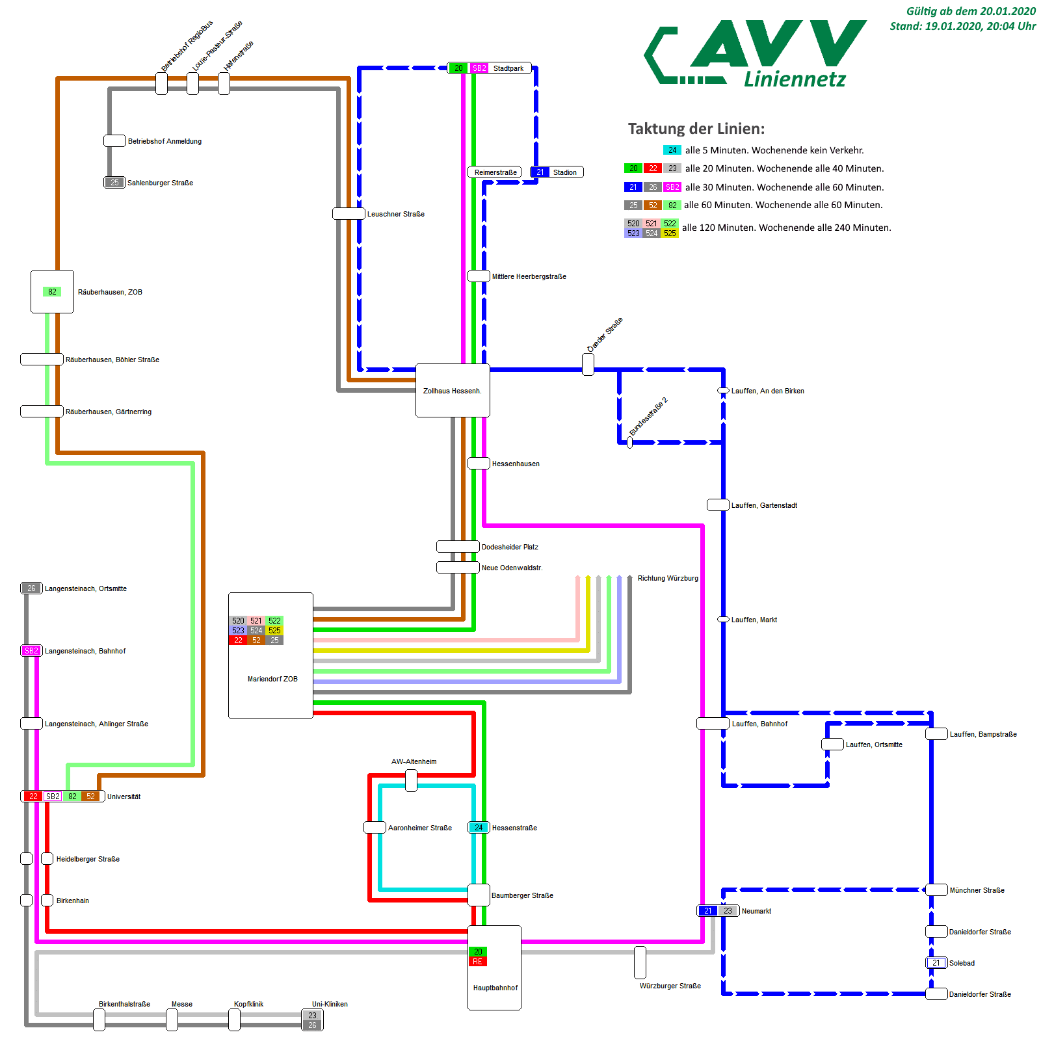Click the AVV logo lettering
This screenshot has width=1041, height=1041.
pyautogui.click(x=777, y=44)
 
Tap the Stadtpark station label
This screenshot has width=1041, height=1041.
pyautogui.click(x=508, y=68)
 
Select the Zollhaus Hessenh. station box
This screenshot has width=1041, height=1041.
pyautogui.click(x=453, y=390)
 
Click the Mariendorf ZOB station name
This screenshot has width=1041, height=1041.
pyautogui.click(x=272, y=679)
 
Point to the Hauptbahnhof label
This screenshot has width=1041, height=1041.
pyautogui.click(x=495, y=988)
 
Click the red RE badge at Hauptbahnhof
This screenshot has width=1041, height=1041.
pyautogui.click(x=478, y=962)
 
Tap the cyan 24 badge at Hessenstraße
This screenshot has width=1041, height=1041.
pyautogui.click(x=479, y=828)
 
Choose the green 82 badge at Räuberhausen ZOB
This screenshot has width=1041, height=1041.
pyautogui.click(x=52, y=292)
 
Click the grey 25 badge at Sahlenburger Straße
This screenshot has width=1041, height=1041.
pyautogui.click(x=114, y=183)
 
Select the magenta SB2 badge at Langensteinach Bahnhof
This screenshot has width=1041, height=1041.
pyautogui.click(x=31, y=651)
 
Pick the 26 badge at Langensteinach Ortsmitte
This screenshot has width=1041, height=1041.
pyautogui.click(x=31, y=588)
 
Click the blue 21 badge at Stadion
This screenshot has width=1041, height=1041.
pyautogui.click(x=540, y=172)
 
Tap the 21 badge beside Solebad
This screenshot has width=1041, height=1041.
pyautogui.click(x=936, y=963)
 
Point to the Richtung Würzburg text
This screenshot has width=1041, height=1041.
pyautogui.click(x=668, y=578)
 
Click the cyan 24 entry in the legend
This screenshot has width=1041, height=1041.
pyautogui.click(x=672, y=150)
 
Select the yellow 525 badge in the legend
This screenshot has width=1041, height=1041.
pyautogui.click(x=670, y=233)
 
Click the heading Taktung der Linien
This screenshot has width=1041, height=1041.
pyautogui.click(x=696, y=129)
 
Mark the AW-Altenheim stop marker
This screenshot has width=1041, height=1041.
pyautogui.click(x=411, y=780)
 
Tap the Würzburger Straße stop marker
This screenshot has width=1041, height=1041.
pyautogui.click(x=640, y=962)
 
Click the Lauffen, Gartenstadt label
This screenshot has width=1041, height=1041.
pyautogui.click(x=764, y=505)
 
